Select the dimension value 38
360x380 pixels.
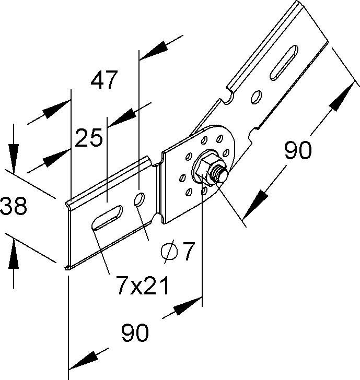tap(14, 207)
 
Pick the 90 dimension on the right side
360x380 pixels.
tap(298, 150)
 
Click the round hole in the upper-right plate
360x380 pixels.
tap(256, 97)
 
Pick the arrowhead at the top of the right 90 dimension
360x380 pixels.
tap(341, 96)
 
